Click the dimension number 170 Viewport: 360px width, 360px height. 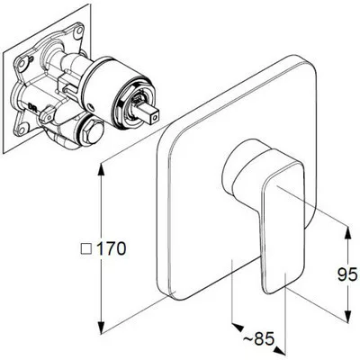[112, 248]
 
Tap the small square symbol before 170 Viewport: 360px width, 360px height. [86, 249]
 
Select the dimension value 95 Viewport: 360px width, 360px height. [347, 274]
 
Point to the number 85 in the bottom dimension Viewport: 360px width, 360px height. [265, 339]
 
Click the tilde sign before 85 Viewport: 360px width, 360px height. [247, 339]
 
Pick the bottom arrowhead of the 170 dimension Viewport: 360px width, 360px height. [102, 327]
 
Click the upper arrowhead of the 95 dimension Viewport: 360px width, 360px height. [348, 233]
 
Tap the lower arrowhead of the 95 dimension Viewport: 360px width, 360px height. [348, 316]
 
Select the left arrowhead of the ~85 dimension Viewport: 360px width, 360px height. [238, 327]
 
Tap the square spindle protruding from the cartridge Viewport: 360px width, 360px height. [148, 113]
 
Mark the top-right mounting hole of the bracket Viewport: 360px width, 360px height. [79, 30]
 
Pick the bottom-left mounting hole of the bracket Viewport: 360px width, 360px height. [22, 130]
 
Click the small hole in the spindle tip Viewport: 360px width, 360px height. [154, 119]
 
